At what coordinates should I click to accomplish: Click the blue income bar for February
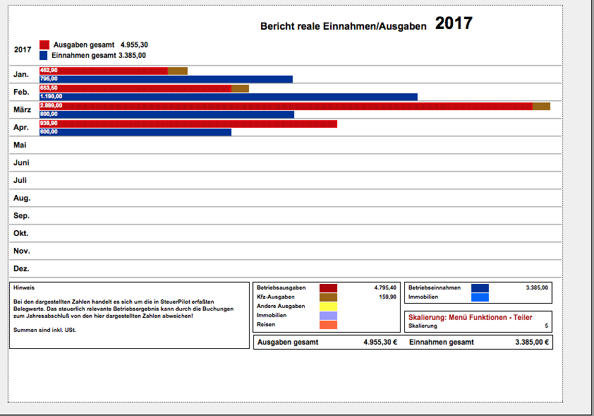(229, 97)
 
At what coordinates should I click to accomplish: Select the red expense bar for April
(188, 124)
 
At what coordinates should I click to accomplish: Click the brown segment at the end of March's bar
(541, 106)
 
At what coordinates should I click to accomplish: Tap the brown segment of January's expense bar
(178, 71)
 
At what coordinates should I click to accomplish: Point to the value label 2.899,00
(51, 105)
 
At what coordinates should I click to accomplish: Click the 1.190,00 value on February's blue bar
(51, 96)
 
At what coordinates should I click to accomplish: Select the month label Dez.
(21, 268)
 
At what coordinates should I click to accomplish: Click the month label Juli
(20, 180)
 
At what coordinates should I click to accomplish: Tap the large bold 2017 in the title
(454, 23)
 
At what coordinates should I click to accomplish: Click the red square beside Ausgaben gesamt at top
(44, 44)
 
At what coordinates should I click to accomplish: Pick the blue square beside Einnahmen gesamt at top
(44, 55)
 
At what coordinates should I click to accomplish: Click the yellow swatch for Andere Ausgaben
(328, 307)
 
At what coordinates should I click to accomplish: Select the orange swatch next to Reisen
(328, 325)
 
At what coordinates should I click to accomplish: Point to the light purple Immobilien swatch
(328, 316)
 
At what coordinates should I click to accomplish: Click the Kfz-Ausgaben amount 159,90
(387, 297)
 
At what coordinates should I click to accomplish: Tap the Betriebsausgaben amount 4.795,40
(385, 288)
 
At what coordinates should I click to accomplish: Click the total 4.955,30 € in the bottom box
(380, 342)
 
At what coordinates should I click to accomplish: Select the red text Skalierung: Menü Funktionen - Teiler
(470, 317)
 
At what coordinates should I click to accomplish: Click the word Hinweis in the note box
(24, 288)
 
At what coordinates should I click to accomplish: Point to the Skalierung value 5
(546, 326)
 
